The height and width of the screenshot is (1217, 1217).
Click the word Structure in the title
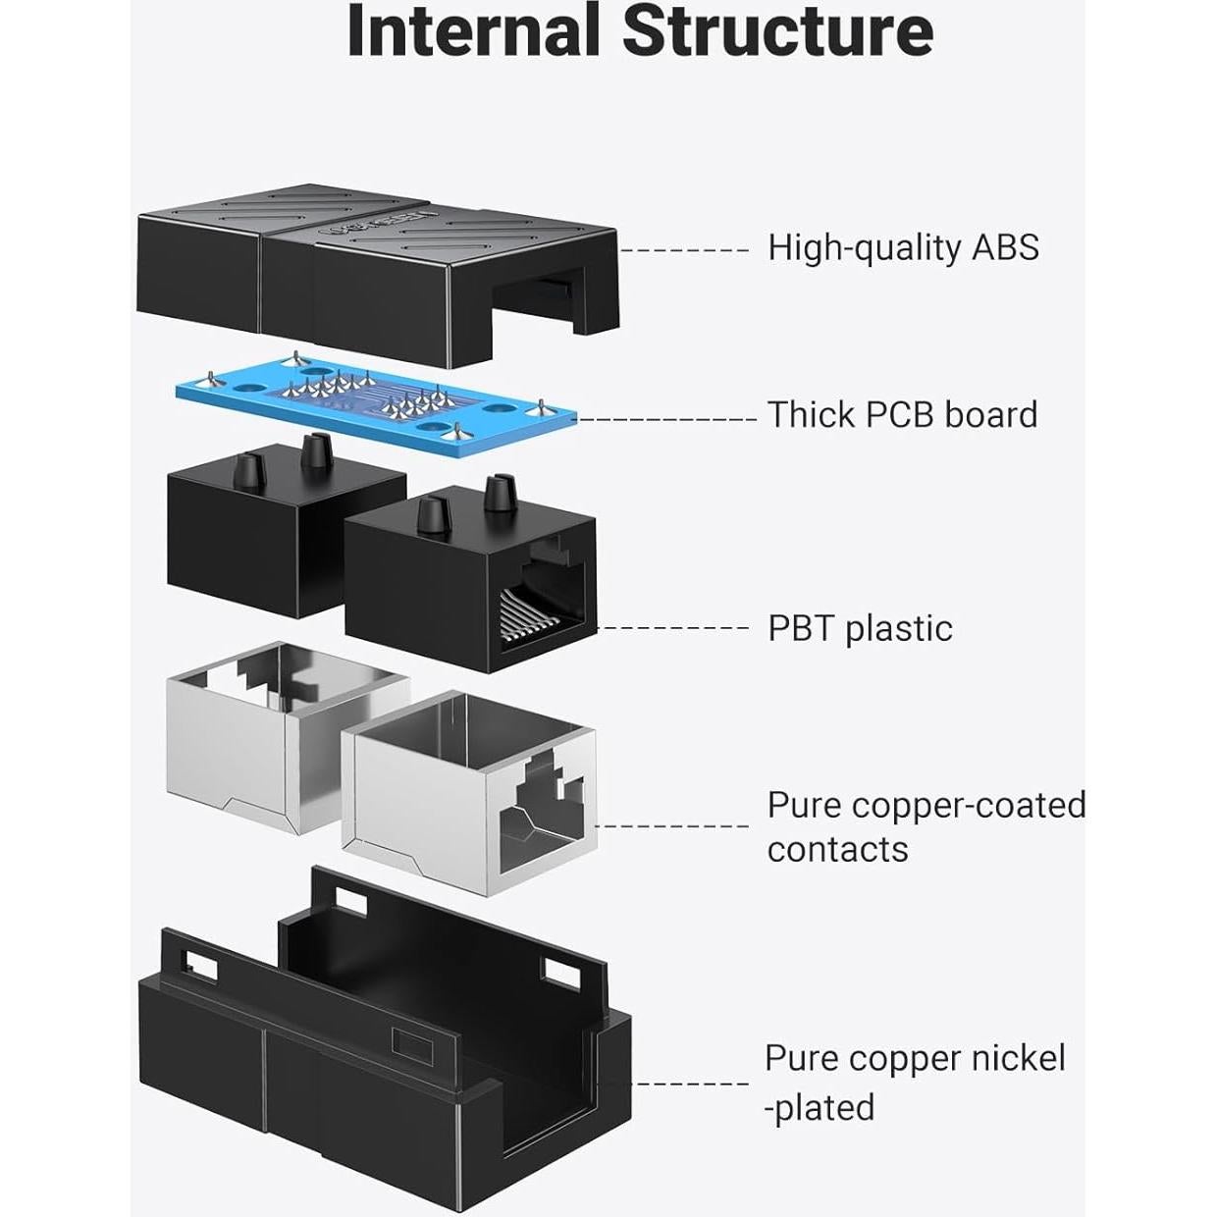point(777,31)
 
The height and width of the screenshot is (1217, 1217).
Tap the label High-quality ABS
point(903,247)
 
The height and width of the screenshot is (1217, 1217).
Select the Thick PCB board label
point(902,415)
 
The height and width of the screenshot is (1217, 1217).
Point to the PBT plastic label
point(860,628)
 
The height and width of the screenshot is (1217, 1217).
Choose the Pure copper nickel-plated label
point(914,1082)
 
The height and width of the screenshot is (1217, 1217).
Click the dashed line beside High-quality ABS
point(684,250)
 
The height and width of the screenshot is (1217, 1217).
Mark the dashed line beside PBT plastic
point(673,629)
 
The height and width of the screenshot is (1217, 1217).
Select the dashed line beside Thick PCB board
point(666,419)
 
